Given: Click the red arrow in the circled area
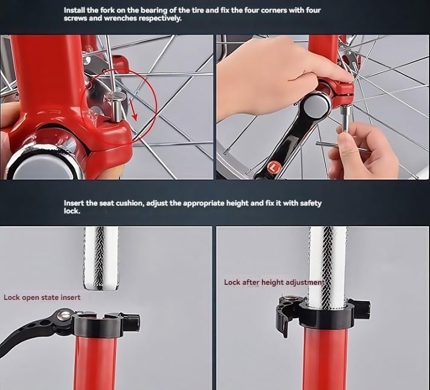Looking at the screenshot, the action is pyautogui.click(x=133, y=111).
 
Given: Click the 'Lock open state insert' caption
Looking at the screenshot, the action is pyautogui.click(x=42, y=297).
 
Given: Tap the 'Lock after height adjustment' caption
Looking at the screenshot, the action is pyautogui.click(x=274, y=282).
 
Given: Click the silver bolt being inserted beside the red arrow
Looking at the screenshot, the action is pyautogui.click(x=116, y=107).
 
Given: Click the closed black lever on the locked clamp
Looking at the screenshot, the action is pyautogui.click(x=284, y=316).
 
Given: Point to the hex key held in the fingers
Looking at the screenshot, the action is pyautogui.click(x=342, y=145).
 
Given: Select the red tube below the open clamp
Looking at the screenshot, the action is pyautogui.click(x=95, y=363).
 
